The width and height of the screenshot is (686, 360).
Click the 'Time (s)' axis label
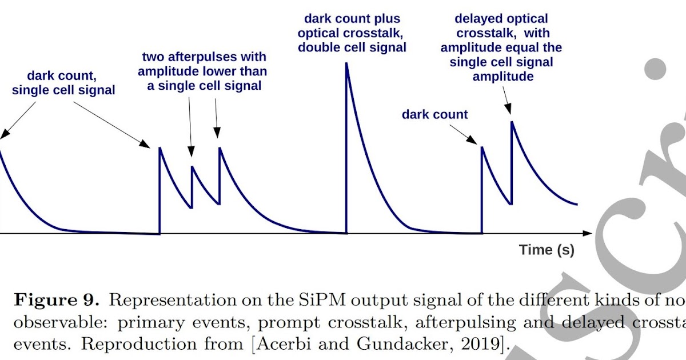(x=547, y=250)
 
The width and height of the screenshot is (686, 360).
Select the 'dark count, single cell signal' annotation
(x=63, y=83)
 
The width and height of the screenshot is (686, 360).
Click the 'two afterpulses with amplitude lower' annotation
(x=204, y=71)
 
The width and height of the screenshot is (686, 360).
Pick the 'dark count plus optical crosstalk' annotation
(x=352, y=33)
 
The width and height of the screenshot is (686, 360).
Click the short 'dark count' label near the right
(x=434, y=114)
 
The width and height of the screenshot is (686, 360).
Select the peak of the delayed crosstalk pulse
(x=512, y=122)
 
